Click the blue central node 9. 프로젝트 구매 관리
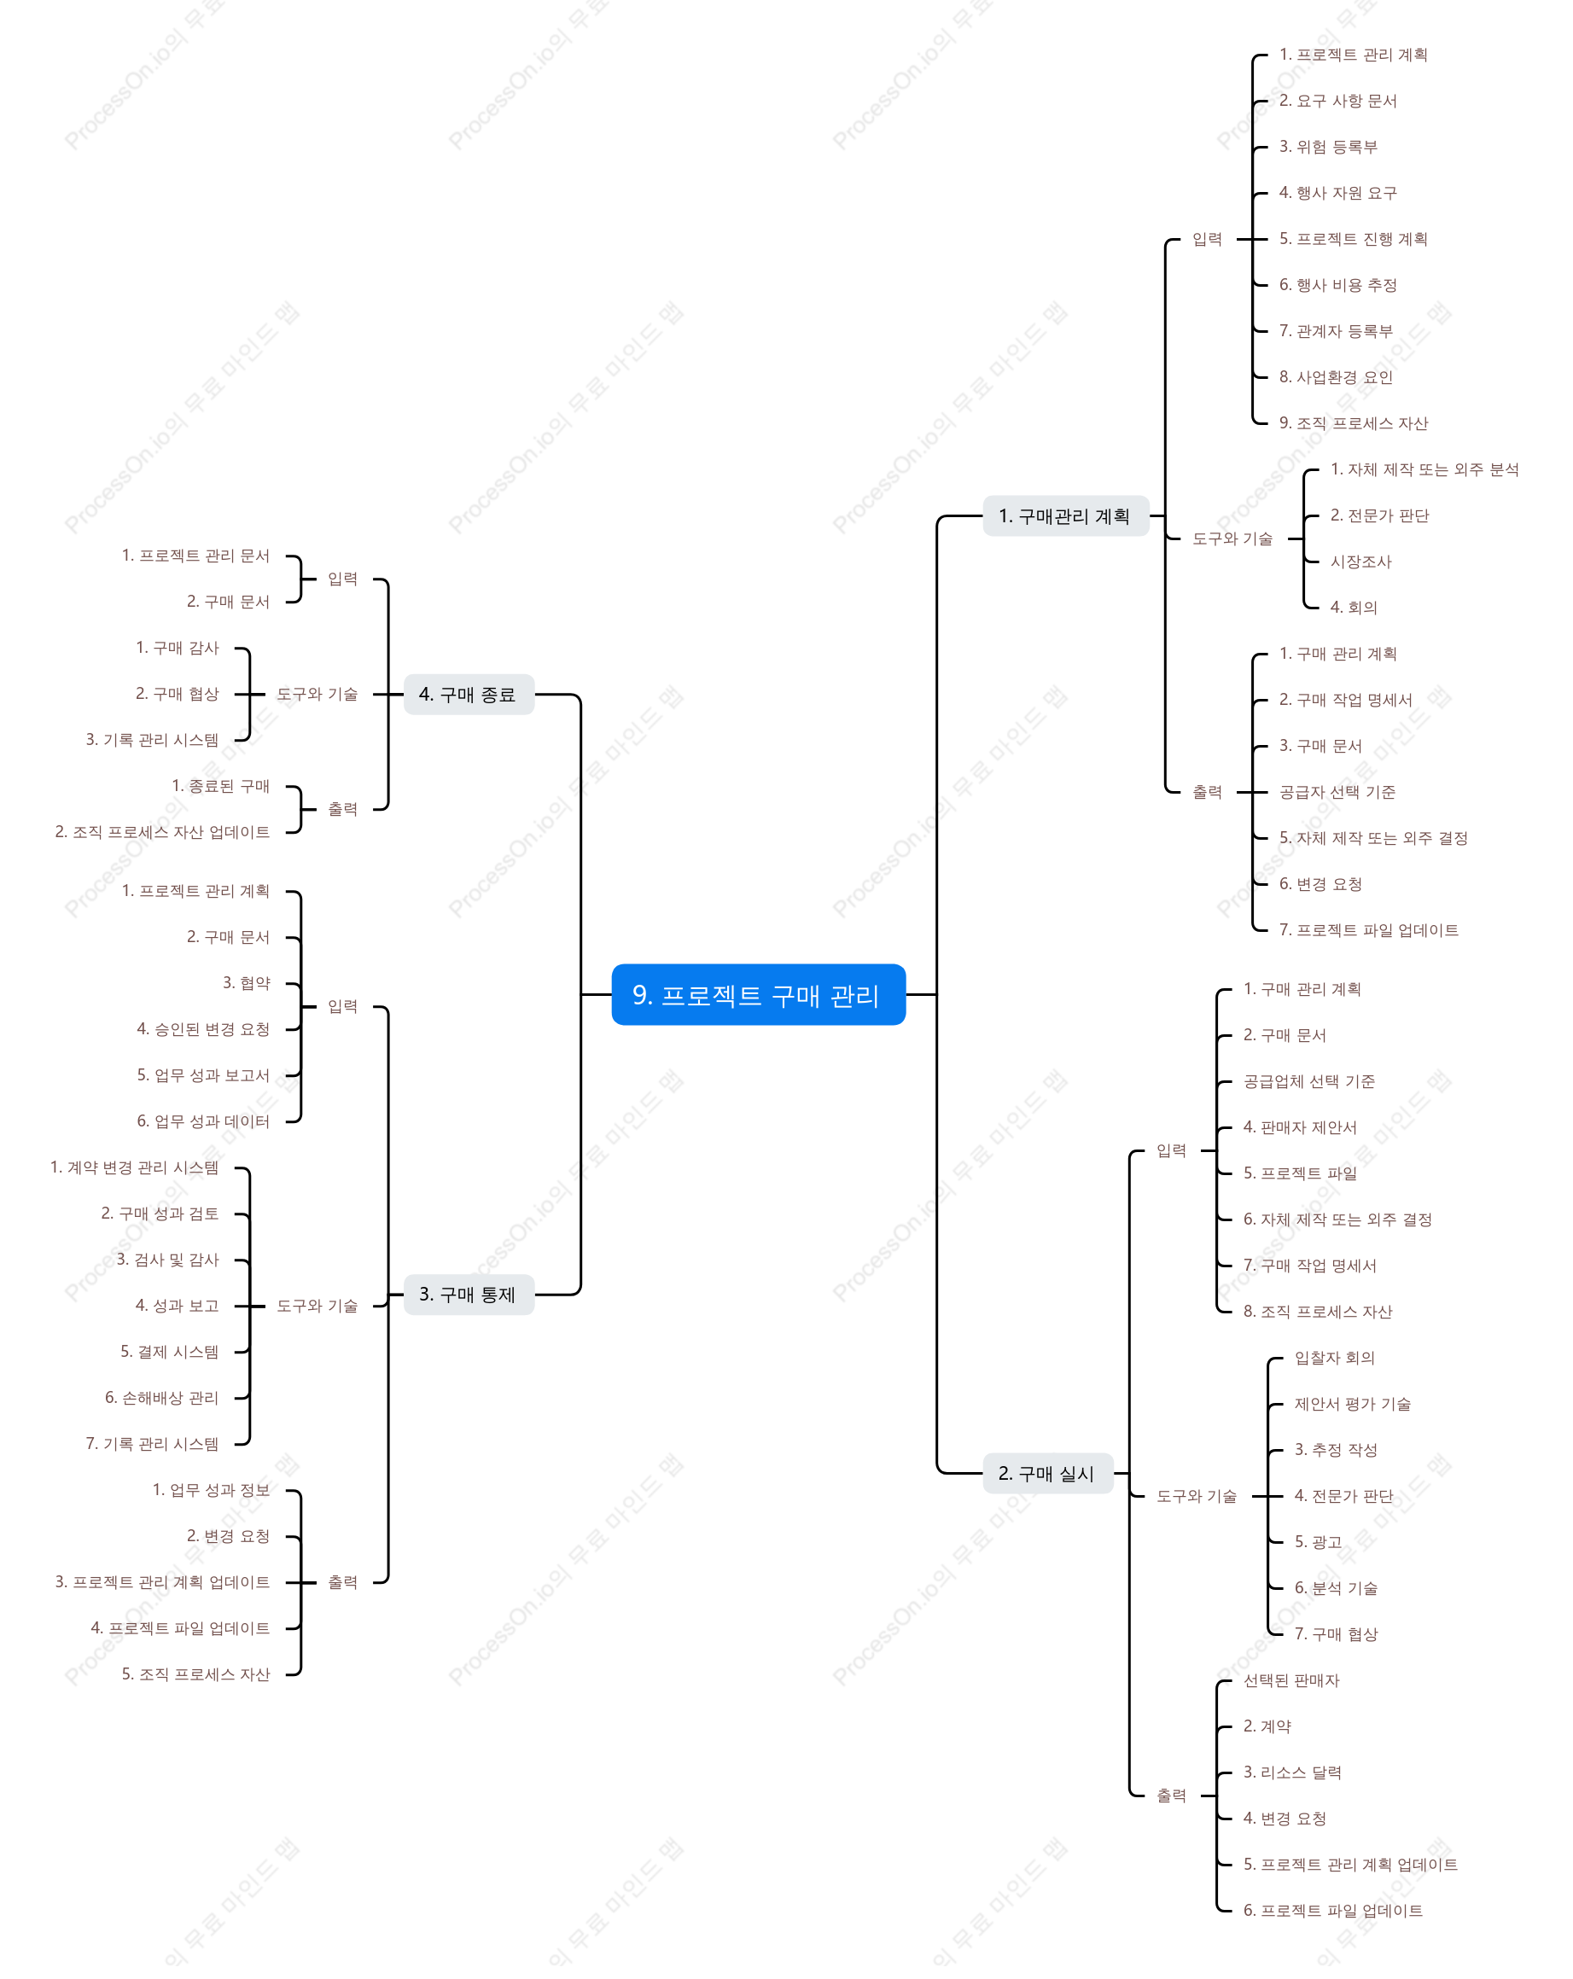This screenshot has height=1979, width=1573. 758,994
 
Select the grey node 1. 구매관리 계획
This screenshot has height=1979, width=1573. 1065,515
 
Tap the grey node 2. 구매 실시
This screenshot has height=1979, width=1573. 1047,1473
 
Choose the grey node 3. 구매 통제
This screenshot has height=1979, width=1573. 469,1295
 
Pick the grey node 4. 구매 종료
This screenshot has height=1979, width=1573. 469,694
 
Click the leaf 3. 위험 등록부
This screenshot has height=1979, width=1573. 1328,147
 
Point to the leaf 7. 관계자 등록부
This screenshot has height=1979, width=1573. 1335,330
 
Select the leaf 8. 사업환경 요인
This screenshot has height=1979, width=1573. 1335,377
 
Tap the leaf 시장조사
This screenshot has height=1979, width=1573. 1360,562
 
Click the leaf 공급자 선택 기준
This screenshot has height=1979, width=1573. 1337,792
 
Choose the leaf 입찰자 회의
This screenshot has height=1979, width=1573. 1334,1358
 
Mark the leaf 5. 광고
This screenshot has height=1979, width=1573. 1318,1542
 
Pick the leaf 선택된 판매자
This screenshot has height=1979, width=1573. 1291,1680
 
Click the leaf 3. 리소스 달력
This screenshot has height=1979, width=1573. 1292,1772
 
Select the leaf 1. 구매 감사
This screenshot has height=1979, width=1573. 178,648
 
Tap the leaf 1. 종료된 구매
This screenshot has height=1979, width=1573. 220,786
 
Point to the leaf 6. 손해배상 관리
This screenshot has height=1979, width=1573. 161,1398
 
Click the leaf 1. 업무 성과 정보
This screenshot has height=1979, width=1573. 211,1490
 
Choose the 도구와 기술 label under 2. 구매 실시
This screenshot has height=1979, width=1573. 1196,1496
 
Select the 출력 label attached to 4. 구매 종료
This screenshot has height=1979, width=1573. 342,809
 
